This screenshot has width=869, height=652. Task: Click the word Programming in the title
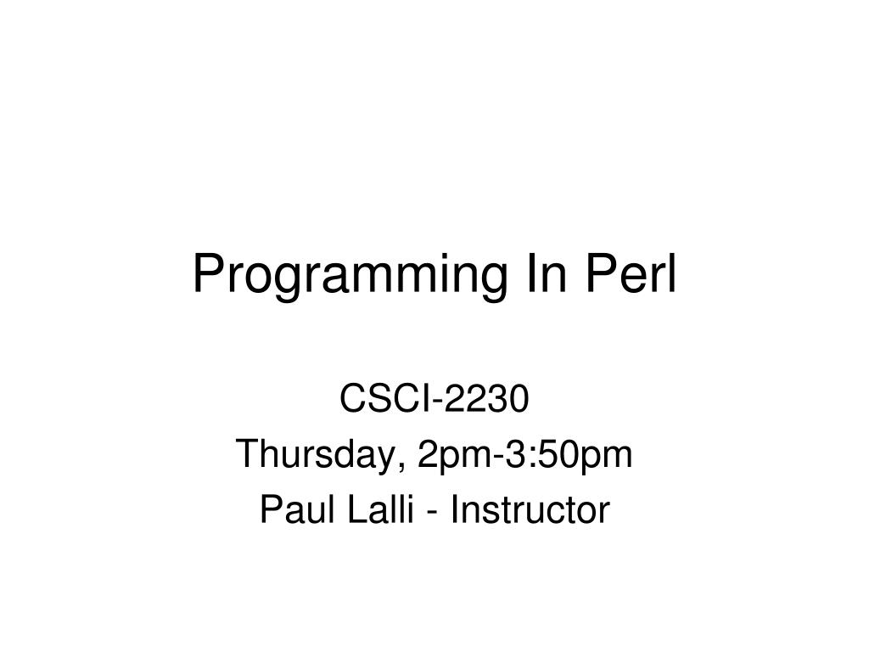pos(350,276)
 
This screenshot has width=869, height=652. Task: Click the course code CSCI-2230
pos(434,398)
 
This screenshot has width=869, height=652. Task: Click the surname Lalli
pos(381,509)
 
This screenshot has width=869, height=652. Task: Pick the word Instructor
pos(530,509)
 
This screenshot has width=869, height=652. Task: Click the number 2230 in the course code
pos(486,398)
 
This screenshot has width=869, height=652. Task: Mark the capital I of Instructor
pos(455,509)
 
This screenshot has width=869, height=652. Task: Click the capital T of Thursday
pos(248,453)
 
